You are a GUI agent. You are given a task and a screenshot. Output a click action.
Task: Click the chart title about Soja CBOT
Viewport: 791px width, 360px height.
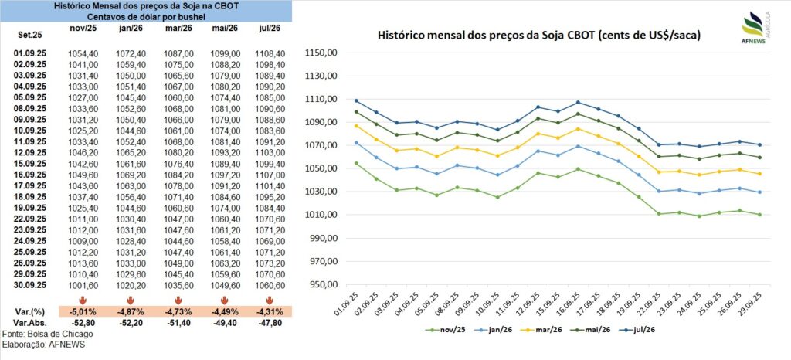(539, 36)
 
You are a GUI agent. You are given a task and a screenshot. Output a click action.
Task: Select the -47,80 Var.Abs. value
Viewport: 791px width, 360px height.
(271, 322)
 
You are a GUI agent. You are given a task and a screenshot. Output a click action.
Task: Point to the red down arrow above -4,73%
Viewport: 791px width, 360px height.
(178, 299)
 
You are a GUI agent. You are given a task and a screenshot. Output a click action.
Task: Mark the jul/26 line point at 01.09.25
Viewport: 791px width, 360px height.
(357, 100)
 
